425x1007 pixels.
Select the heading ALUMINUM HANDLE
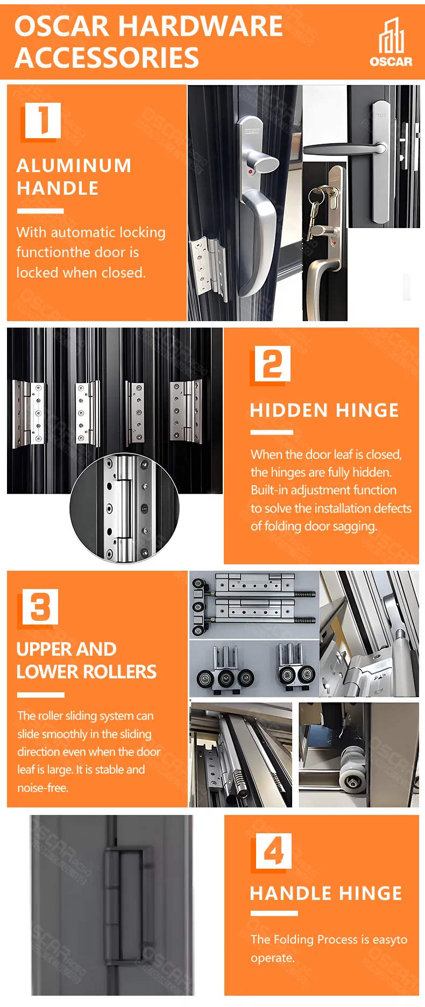click(x=74, y=176)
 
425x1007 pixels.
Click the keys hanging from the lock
click(x=318, y=210)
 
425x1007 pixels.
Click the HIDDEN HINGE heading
click(x=324, y=410)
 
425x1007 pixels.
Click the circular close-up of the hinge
click(x=124, y=508)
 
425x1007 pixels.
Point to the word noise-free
click(x=43, y=788)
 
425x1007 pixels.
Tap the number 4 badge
click(x=273, y=851)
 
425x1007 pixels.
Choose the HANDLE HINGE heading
click(x=326, y=893)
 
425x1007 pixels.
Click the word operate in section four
click(x=272, y=959)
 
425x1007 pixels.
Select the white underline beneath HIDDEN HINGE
click(x=272, y=432)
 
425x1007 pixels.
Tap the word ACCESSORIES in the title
click(x=107, y=58)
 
